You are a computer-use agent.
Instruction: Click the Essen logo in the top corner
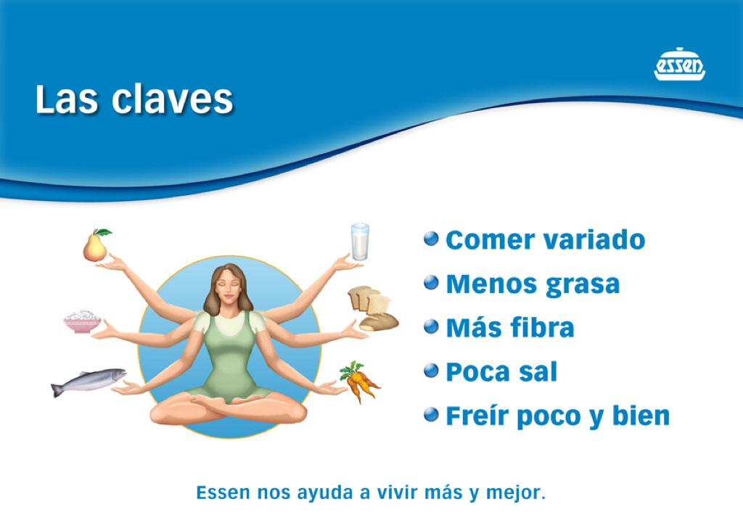coord(679,64)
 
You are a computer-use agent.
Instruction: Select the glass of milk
coord(360,242)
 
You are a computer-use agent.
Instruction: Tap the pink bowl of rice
coord(83,321)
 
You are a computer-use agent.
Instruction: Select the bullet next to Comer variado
coord(431,239)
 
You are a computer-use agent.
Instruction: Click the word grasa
coord(583,284)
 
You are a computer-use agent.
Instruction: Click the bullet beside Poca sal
coord(431,371)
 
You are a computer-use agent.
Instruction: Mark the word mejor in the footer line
coord(516,493)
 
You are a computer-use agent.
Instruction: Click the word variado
coord(594,239)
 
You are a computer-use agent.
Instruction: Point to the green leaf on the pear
coord(103,232)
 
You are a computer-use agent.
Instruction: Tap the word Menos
coord(493,284)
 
